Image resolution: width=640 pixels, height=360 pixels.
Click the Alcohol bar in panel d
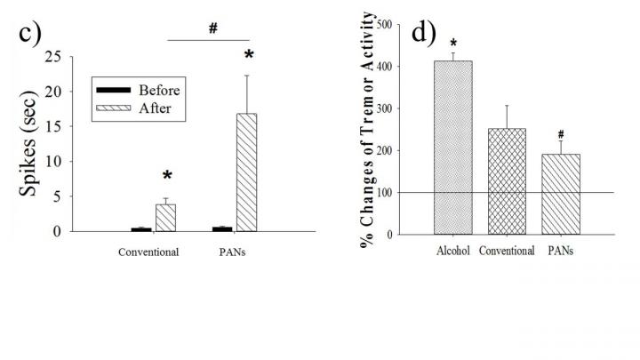click(x=452, y=148)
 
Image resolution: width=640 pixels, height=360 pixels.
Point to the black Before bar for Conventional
click(x=141, y=229)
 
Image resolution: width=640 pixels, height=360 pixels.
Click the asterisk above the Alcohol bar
click(x=453, y=43)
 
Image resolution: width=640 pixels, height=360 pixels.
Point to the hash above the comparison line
click(x=213, y=28)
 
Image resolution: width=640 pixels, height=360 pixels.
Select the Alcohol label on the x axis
click(x=452, y=251)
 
